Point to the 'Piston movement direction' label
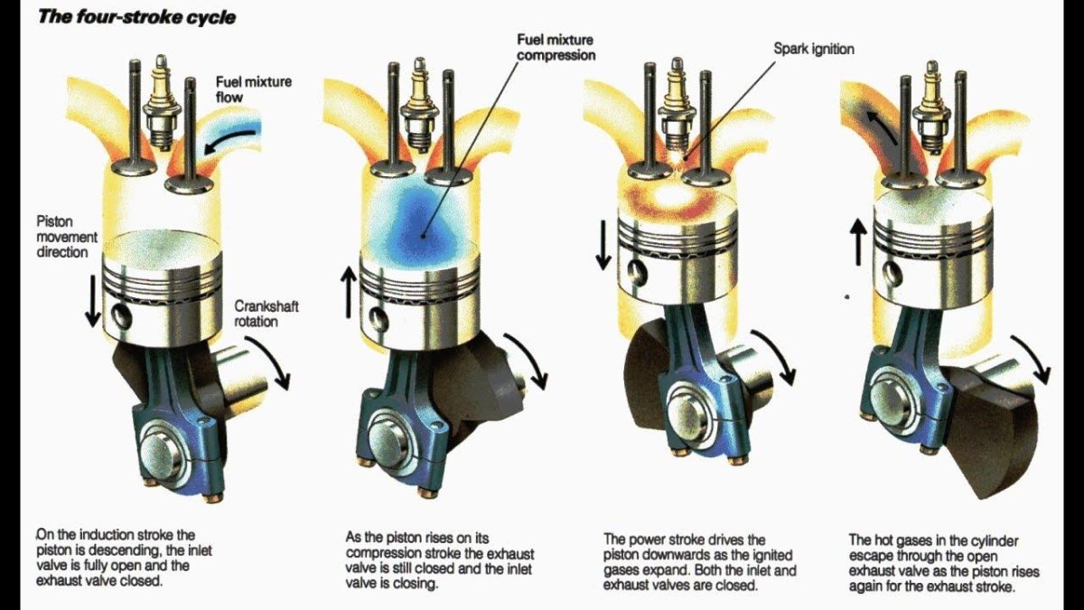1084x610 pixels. (61, 237)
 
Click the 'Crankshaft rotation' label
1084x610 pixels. (266, 314)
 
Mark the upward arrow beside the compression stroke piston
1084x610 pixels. (348, 290)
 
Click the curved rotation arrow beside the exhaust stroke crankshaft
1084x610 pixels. (1031, 358)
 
